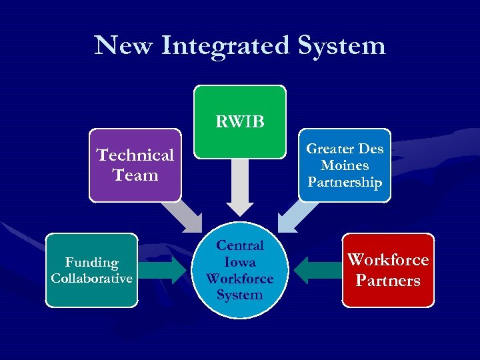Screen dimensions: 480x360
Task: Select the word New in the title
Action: pyautogui.click(x=123, y=46)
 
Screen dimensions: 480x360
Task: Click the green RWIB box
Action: pyautogui.click(x=240, y=121)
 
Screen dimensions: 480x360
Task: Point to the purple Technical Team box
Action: pyautogui.click(x=135, y=165)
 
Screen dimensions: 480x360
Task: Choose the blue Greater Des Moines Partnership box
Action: pyautogui.click(x=345, y=165)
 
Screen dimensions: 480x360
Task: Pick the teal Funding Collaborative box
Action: pyautogui.click(x=91, y=270)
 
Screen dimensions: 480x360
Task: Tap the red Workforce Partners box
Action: pyautogui.click(x=388, y=270)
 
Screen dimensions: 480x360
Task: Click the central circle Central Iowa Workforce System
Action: pyautogui.click(x=240, y=269)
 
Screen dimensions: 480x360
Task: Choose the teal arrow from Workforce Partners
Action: pyautogui.click(x=316, y=270)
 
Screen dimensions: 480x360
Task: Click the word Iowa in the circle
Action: pyautogui.click(x=240, y=262)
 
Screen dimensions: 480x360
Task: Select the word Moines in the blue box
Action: pyautogui.click(x=345, y=165)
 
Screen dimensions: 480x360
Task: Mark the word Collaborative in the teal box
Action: pyautogui.click(x=91, y=278)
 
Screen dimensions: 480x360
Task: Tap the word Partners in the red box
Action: pyautogui.click(x=388, y=280)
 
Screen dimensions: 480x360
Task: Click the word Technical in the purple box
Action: pyautogui.click(x=135, y=155)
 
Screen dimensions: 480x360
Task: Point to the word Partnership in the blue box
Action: pyautogui.click(x=345, y=182)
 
